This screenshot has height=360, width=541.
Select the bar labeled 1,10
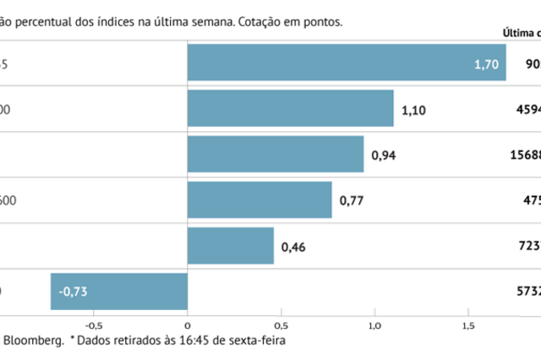(x=290, y=108)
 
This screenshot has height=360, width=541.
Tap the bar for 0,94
(x=275, y=154)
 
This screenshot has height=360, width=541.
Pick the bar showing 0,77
(x=259, y=199)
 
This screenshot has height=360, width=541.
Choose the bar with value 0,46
(x=230, y=245)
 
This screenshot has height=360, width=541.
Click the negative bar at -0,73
(x=118, y=291)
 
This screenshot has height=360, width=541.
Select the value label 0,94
(x=384, y=154)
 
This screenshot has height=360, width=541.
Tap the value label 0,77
(x=352, y=199)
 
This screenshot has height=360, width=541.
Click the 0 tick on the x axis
(x=187, y=323)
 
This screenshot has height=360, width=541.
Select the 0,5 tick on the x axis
(x=281, y=323)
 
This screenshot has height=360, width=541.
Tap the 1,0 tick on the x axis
(x=374, y=323)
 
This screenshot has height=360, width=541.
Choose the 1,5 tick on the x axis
(x=467, y=323)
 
